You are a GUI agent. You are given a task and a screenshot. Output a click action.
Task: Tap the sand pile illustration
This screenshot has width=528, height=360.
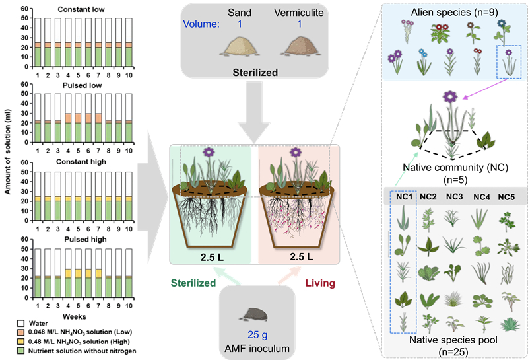click(240, 47)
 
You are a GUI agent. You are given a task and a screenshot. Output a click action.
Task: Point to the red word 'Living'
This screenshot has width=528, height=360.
click(319, 283)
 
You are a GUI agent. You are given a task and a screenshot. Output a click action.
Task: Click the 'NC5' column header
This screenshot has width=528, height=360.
click(507, 196)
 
